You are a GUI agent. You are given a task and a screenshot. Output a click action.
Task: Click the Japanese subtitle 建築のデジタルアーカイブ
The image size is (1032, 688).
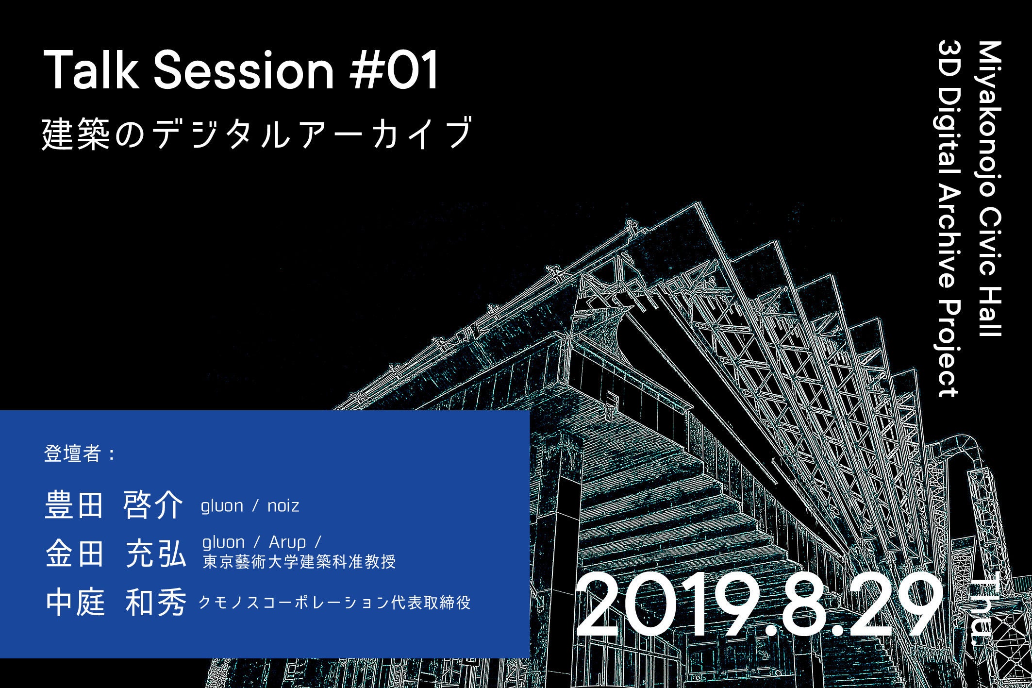pyautogui.click(x=257, y=133)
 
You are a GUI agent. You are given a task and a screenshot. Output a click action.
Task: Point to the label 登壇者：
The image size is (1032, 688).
pyautogui.click(x=81, y=453)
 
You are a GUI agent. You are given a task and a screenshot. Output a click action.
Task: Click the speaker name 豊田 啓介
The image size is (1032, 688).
pyautogui.click(x=114, y=505)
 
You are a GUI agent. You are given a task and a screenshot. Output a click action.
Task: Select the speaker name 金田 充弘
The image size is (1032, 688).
pyautogui.click(x=116, y=554)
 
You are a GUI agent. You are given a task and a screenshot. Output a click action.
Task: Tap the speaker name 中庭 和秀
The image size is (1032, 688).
pyautogui.click(x=116, y=602)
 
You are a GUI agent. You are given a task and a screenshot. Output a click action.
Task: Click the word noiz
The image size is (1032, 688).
pyautogui.click(x=283, y=506)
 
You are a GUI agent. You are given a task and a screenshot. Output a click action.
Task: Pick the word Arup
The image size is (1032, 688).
pyautogui.click(x=287, y=542)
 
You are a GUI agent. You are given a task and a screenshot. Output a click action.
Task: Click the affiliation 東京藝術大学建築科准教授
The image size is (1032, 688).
pyautogui.click(x=299, y=562)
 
